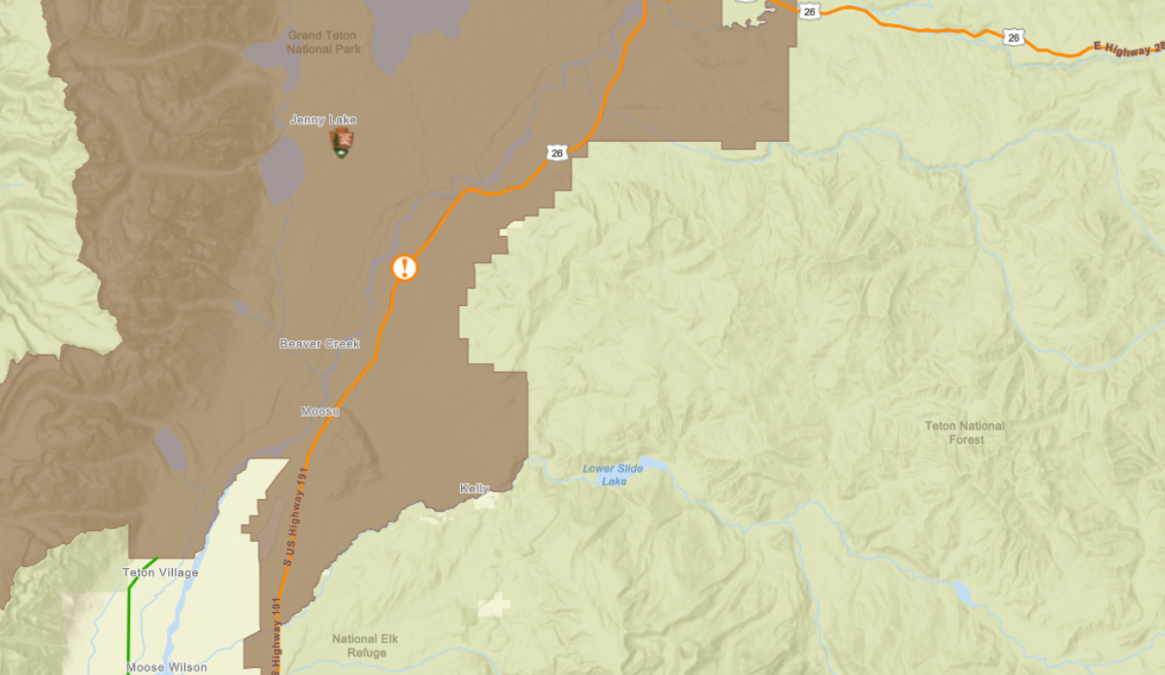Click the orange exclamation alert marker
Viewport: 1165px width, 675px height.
click(x=405, y=267)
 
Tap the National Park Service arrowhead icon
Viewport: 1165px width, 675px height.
click(x=341, y=144)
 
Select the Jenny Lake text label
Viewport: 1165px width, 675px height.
click(x=323, y=119)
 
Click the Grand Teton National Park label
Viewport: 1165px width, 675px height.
click(x=323, y=42)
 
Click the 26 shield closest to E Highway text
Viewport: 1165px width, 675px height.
click(x=1014, y=37)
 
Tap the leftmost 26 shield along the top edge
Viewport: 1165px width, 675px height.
click(x=810, y=11)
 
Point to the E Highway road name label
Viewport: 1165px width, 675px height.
click(x=1126, y=47)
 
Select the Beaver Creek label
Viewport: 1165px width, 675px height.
click(x=319, y=344)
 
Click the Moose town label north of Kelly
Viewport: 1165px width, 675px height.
click(x=320, y=412)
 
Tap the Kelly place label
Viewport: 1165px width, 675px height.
click(x=475, y=489)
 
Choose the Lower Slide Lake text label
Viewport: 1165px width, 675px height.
click(x=613, y=475)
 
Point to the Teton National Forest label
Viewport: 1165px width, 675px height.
click(x=964, y=432)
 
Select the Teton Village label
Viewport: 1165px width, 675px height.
click(x=160, y=573)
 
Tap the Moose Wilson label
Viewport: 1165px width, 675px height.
click(x=166, y=667)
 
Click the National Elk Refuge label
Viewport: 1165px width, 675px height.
click(x=365, y=646)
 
